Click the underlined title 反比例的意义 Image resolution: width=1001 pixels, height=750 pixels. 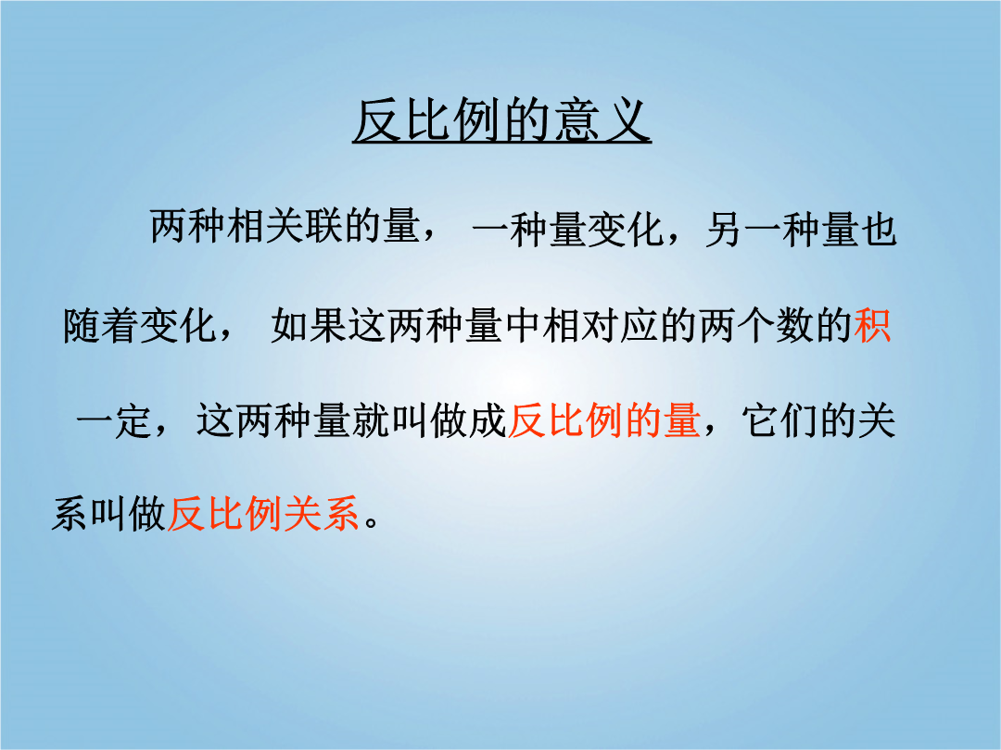coord(501,121)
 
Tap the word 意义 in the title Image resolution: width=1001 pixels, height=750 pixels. coord(602,121)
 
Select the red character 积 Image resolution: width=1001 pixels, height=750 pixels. coord(872,325)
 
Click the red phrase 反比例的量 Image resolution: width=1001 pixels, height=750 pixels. coord(604,420)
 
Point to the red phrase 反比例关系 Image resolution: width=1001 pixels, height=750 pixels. coord(263,513)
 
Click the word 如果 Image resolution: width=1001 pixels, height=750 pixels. coord(309,325)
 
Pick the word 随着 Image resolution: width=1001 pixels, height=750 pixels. coord(101,325)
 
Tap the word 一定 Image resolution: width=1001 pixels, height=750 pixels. coord(114,421)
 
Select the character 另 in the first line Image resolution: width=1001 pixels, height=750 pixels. coord(725,229)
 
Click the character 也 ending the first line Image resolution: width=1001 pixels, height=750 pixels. coord(880,229)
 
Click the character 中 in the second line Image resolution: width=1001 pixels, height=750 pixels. coord(523,325)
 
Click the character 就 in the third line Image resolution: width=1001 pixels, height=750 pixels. coord(371,420)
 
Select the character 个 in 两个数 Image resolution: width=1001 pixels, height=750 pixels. coord(756,325)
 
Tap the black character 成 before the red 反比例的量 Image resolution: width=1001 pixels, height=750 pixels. coord(488,420)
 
